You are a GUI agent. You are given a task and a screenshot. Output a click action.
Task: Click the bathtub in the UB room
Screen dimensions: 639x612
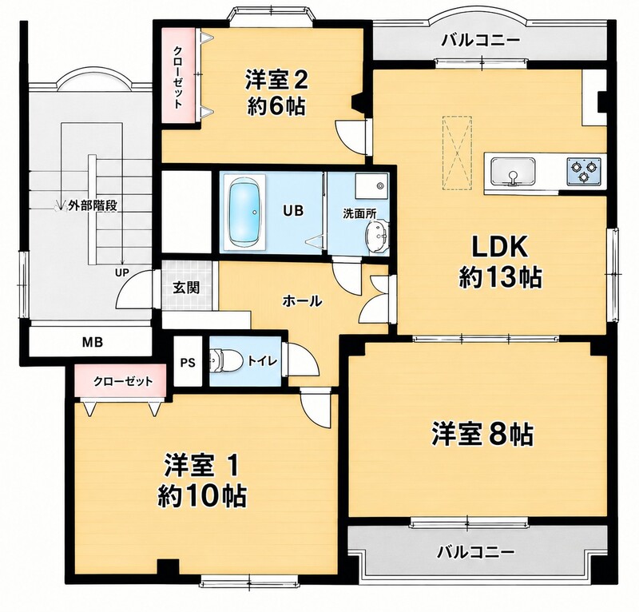click(x=244, y=212)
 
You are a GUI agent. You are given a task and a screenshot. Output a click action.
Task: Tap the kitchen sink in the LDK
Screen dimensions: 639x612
click(x=513, y=171)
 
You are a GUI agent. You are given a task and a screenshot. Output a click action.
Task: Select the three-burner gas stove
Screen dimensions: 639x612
click(x=584, y=170)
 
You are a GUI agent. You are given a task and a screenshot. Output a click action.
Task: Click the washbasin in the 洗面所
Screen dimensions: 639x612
click(x=377, y=235)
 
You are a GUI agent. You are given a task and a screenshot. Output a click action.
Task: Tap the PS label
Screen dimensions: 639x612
click(x=188, y=363)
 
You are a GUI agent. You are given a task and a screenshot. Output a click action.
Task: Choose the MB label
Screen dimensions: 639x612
click(x=93, y=342)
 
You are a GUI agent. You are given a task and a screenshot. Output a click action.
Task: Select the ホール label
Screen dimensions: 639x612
click(x=302, y=301)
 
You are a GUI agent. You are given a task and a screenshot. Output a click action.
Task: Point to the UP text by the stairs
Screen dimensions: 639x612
click(x=121, y=272)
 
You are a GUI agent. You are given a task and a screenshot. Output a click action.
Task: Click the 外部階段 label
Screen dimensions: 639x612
click(x=93, y=205)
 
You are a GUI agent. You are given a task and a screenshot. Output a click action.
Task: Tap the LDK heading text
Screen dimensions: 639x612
click(x=500, y=247)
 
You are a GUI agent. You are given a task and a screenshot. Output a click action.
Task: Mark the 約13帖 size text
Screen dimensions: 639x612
click(x=501, y=278)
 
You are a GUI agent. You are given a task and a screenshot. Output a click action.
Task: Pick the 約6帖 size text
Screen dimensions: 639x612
click(x=276, y=107)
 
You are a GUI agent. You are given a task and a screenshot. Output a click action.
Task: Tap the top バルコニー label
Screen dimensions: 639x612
click(x=482, y=41)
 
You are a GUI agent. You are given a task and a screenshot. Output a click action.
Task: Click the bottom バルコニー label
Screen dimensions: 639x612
click(x=475, y=553)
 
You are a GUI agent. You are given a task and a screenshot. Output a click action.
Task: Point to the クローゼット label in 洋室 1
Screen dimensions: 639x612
click(x=123, y=382)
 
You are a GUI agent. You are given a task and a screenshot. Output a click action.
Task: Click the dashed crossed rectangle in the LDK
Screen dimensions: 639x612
click(x=457, y=153)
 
